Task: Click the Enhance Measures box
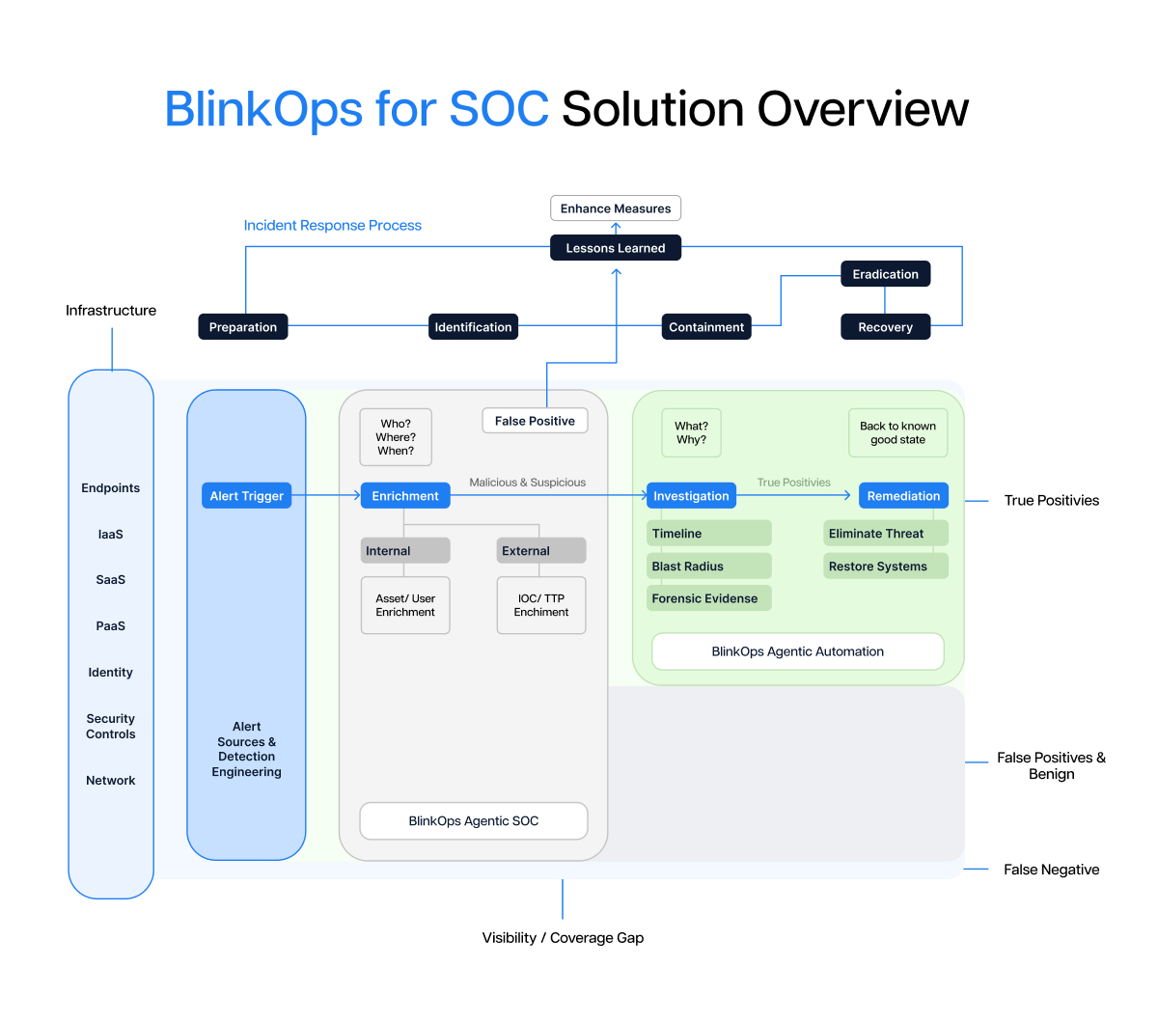point(616,208)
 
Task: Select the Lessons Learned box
point(616,248)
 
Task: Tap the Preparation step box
point(243,327)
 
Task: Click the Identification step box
point(473,327)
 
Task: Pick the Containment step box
point(706,327)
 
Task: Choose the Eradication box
point(885,274)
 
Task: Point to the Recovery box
point(885,327)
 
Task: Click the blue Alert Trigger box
point(246,496)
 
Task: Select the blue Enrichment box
point(405,496)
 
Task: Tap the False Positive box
point(535,421)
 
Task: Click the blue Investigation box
point(691,496)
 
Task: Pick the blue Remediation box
point(903,496)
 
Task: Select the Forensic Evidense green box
point(708,598)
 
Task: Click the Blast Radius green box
point(708,567)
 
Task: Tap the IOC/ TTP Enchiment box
point(541,605)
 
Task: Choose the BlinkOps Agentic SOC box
point(474,821)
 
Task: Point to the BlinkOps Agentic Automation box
point(798,651)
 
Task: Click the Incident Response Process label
point(332,225)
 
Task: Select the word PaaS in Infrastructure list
point(111,626)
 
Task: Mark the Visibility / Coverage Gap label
point(563,938)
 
